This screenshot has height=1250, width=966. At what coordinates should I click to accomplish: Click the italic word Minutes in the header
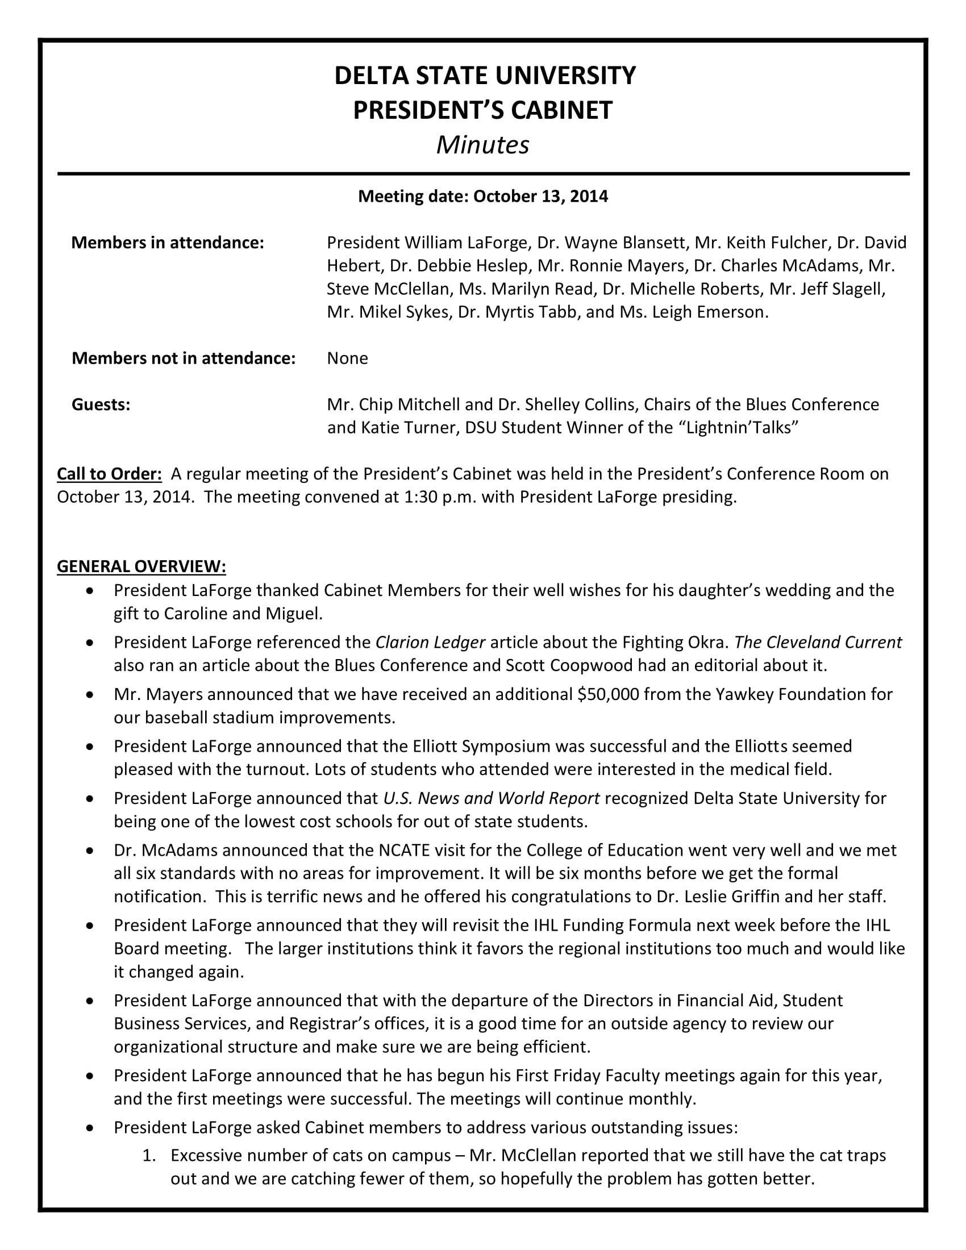coord(482,145)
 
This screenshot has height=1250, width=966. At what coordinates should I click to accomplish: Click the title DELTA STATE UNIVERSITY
coord(484,76)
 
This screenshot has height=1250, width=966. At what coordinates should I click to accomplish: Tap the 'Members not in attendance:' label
coord(183,359)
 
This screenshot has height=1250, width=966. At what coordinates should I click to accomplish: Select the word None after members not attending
coord(347,359)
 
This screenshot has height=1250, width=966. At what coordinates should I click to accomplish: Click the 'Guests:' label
coord(101,405)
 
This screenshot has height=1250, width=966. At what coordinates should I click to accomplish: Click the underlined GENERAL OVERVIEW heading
coord(141,566)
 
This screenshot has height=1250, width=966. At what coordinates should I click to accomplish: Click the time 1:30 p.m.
coord(439,497)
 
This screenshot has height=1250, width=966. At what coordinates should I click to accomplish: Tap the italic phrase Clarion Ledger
coord(430,642)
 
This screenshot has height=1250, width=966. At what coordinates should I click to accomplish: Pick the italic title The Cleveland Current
coord(818,642)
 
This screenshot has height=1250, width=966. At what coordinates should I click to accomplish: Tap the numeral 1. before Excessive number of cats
coord(149,1156)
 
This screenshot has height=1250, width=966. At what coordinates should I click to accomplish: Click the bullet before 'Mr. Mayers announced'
coord(89,694)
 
